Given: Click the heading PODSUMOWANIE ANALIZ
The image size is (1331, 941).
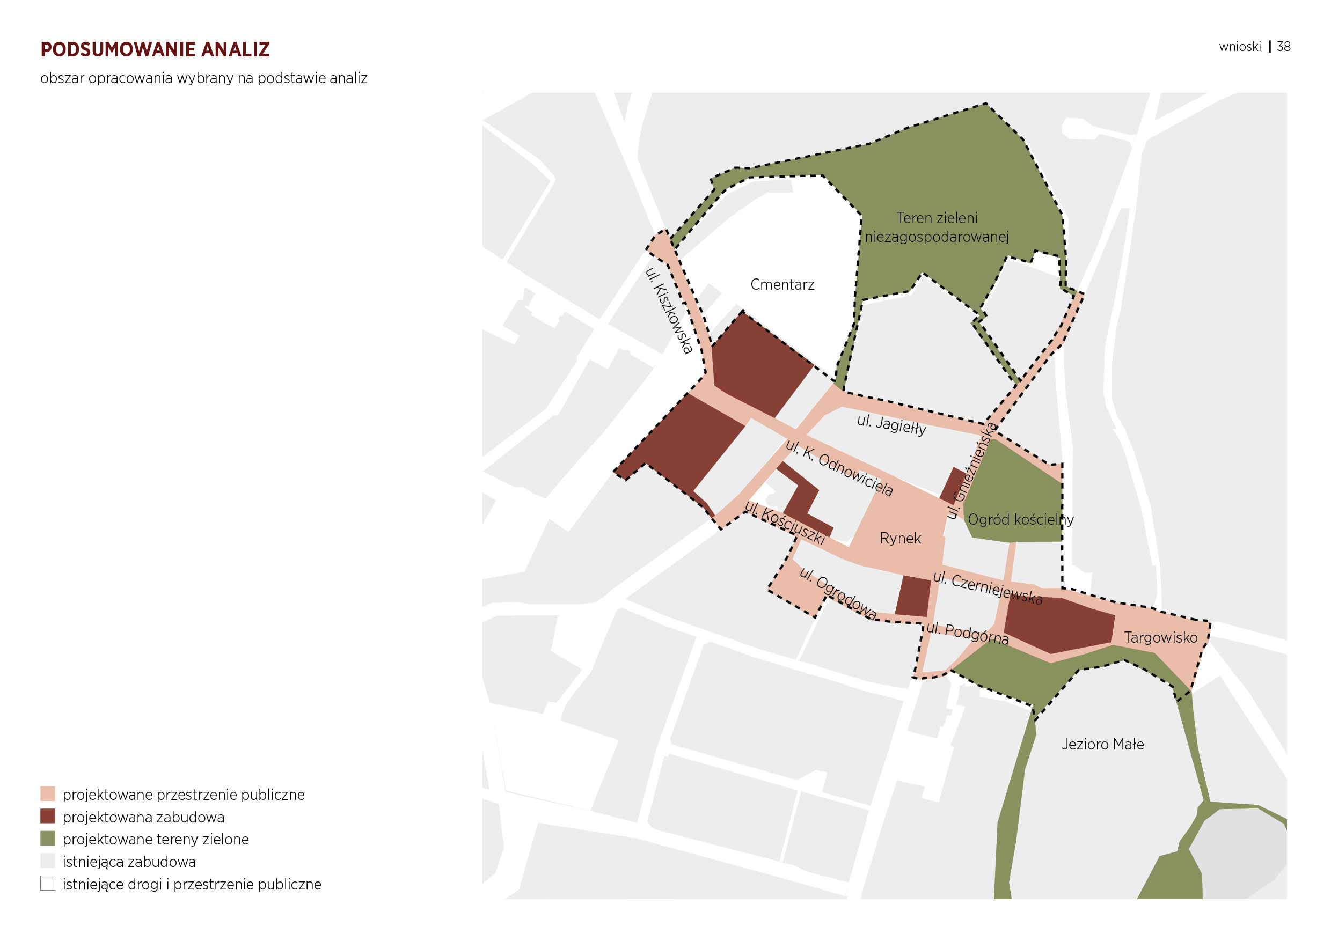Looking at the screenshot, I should click(x=155, y=49).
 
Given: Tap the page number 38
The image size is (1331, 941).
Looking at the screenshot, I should click(x=1283, y=46).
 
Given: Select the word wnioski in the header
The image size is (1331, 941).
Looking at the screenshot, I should click(x=1239, y=46).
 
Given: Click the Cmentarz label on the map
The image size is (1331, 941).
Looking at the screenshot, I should click(x=782, y=284).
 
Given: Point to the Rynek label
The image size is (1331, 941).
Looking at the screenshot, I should click(x=899, y=538).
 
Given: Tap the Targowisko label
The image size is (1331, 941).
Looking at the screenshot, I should click(x=1160, y=637).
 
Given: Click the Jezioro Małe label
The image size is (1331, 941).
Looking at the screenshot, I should click(x=1102, y=744).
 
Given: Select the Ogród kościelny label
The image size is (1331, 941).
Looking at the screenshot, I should click(x=1020, y=519).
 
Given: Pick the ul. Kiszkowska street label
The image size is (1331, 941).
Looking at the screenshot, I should click(x=668, y=310).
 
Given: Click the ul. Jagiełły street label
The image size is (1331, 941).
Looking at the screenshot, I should click(x=891, y=425).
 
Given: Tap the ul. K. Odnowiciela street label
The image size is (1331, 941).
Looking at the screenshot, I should click(x=839, y=468).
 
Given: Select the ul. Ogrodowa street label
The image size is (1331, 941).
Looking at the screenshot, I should click(x=838, y=593).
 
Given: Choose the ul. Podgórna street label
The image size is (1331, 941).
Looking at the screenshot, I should click(x=967, y=633).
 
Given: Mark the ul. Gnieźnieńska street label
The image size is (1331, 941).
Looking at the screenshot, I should click(x=971, y=470).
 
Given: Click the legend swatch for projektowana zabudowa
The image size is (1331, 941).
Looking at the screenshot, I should click(x=48, y=817).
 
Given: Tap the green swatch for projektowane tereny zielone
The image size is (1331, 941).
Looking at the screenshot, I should click(x=48, y=839).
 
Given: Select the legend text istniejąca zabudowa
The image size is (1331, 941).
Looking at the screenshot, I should click(x=129, y=862).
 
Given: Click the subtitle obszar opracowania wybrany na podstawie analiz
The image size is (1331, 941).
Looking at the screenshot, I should click(x=203, y=78).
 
